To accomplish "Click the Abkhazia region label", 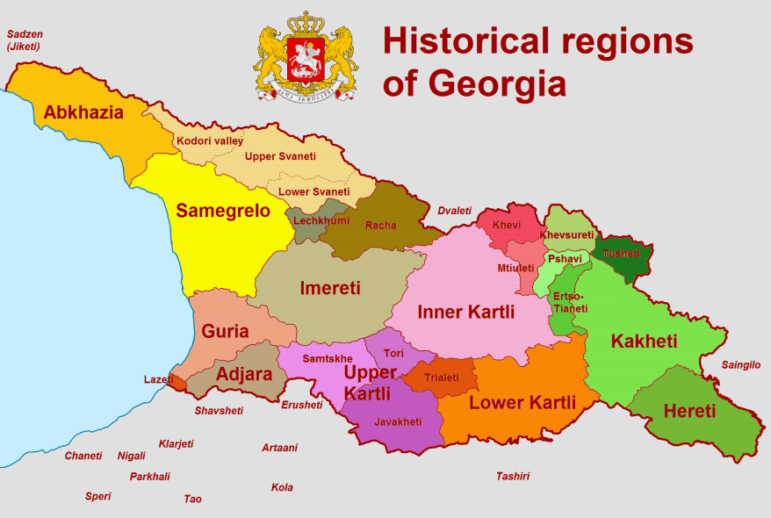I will point(83,112).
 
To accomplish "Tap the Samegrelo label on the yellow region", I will point(223,211).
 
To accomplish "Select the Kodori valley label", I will point(210,140).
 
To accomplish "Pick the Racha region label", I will point(380,226).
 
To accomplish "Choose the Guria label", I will point(225,332).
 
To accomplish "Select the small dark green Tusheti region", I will point(623,255).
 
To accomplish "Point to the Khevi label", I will point(506,226).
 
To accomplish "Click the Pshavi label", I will point(565,260).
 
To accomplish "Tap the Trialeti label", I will point(441,378).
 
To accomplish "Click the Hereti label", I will point(689,411).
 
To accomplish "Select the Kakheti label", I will point(644,342).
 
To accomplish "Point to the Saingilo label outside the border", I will point(740,365).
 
